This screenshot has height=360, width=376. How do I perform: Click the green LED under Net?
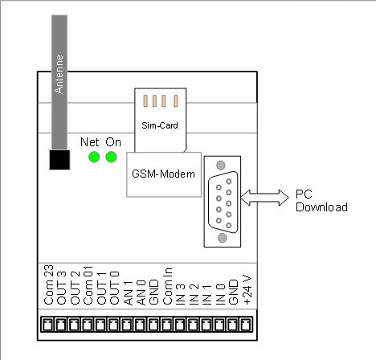point(94,157)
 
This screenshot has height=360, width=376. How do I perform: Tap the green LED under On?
point(111,157)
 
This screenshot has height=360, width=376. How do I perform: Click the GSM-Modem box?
point(164,174)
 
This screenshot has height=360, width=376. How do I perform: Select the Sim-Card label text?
point(160,125)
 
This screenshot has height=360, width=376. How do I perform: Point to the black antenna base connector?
point(59,160)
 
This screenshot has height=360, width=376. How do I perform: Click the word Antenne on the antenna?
point(59,75)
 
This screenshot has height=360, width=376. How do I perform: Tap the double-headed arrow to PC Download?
point(264,198)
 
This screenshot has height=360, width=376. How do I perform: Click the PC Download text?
point(321,201)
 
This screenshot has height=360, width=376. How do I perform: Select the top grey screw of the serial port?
point(221,165)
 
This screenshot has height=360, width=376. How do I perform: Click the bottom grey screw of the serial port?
point(222,238)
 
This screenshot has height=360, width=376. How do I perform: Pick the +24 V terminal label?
point(247,289)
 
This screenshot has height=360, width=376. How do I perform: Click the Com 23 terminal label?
point(49,284)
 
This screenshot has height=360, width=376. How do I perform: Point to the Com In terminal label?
point(168,286)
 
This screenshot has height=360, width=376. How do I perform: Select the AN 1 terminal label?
point(129,293)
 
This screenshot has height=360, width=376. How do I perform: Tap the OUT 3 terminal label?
point(62,288)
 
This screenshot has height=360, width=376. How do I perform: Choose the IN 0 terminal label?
point(220,294)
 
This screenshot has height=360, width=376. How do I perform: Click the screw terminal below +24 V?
point(246,325)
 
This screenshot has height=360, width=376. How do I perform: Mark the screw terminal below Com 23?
point(47,325)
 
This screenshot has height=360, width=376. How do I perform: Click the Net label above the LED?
point(90,142)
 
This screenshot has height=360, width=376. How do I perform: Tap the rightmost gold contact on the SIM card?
point(176,101)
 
